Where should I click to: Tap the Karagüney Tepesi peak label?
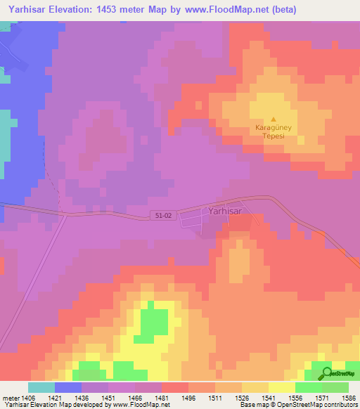[274, 132]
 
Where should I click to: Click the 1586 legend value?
[347, 398]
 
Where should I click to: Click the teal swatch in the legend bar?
[41, 387]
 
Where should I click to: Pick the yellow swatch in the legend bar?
[282, 387]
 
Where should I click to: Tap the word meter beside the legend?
[11, 398]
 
